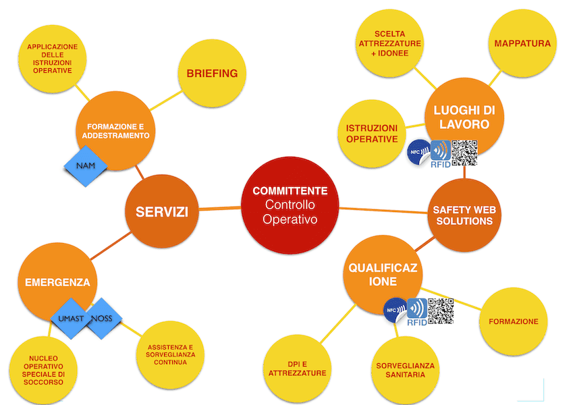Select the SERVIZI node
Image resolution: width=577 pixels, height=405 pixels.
pyautogui.click(x=162, y=212)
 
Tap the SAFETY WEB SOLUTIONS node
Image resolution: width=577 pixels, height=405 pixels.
pyautogui.click(x=464, y=215)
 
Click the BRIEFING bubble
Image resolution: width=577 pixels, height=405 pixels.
pyautogui.click(x=212, y=74)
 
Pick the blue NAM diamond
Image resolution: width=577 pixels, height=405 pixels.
pyautogui.click(x=85, y=165)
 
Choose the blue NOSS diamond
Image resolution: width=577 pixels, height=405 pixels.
pyautogui.click(x=102, y=318)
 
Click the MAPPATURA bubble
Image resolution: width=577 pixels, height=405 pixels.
pyautogui.click(x=522, y=44)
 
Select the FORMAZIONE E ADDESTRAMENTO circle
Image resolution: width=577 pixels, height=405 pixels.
pyautogui.click(x=115, y=131)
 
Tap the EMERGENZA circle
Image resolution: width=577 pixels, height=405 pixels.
pyautogui.click(x=57, y=282)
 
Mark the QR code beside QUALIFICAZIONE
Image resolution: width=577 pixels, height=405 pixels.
pyautogui.click(x=440, y=311)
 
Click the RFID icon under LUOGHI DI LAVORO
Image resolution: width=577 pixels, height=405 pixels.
pyautogui.click(x=440, y=154)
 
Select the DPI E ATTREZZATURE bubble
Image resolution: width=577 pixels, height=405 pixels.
pyautogui.click(x=297, y=368)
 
